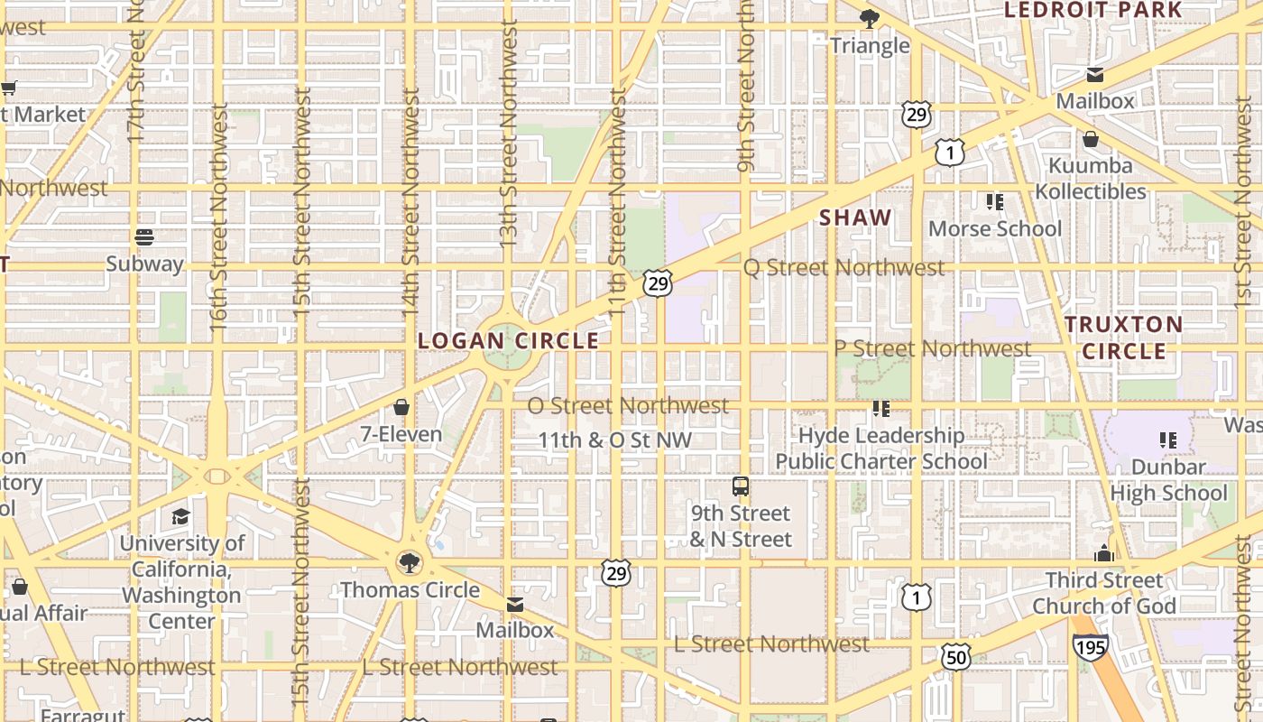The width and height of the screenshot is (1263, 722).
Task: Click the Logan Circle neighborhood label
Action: [x=509, y=341]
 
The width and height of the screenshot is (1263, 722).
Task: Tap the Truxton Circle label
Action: [x=1123, y=338]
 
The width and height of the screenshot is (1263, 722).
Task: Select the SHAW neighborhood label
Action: [x=855, y=218]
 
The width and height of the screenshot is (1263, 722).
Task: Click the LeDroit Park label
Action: [x=1092, y=10]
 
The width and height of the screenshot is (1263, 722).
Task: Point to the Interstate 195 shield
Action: [x=1090, y=646]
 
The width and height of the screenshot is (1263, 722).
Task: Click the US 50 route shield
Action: [x=956, y=657]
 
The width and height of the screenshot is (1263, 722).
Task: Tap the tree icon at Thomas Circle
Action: [x=410, y=563]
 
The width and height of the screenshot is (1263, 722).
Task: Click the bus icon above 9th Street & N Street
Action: [x=741, y=486]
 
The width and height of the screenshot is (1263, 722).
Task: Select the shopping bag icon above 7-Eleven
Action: [x=401, y=407]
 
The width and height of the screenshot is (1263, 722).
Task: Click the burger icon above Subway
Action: [x=144, y=237]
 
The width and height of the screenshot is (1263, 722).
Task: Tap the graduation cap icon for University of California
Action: [x=181, y=516]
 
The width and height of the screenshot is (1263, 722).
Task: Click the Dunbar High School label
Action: [x=1168, y=480]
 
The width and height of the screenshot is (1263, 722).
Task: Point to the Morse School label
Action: [x=995, y=229]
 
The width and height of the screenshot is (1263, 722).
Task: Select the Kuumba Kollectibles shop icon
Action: [x=1091, y=139]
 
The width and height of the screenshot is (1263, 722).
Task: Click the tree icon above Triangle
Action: [x=870, y=18]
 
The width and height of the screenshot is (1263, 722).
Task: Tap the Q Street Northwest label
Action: [x=844, y=268]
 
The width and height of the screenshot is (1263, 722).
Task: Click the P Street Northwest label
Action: [x=932, y=348]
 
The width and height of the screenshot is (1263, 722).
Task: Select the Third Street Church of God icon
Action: [x=1104, y=553]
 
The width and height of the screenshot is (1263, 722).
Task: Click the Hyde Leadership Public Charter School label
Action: [x=881, y=449]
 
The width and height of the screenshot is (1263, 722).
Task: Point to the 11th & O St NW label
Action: [x=614, y=440]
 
